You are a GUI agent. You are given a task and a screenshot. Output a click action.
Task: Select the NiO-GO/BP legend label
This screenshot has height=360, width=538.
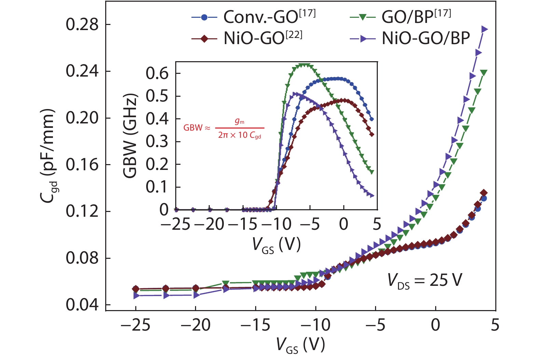pyautogui.click(x=426, y=39)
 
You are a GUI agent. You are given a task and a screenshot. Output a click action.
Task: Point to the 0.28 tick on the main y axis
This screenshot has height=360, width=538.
pyautogui.click(x=82, y=25)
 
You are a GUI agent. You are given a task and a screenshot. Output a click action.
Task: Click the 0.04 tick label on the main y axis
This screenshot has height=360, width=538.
pyautogui.click(x=82, y=305)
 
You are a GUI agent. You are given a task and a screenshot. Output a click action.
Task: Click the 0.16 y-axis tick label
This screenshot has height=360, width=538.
pyautogui.click(x=82, y=165)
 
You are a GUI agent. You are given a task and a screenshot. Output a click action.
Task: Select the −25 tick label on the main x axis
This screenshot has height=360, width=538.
pyautogui.click(x=136, y=325)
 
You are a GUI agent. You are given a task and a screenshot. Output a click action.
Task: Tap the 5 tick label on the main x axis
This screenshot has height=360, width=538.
pyautogui.click(x=495, y=325)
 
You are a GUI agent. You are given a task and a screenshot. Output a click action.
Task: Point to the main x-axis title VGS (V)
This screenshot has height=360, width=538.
pyautogui.click(x=300, y=345)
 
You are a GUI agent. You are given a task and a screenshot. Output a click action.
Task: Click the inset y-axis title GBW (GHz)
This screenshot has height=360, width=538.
pyautogui.click(x=130, y=136)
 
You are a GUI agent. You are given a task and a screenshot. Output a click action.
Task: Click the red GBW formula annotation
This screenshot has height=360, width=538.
pyautogui.click(x=224, y=128)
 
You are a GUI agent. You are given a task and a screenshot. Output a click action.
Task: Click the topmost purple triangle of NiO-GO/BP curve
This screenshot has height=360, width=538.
pyautogui.click(x=484, y=29)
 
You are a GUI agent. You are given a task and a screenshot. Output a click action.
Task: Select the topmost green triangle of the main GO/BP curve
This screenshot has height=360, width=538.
pyautogui.click(x=484, y=72)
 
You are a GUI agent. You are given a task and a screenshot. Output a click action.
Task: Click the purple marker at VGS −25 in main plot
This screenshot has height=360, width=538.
pyautogui.click(x=136, y=295)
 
